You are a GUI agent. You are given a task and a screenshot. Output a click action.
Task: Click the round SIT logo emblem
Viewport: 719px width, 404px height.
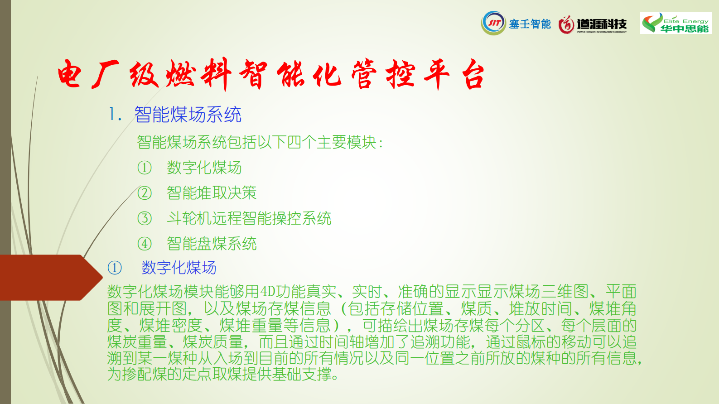(494, 23)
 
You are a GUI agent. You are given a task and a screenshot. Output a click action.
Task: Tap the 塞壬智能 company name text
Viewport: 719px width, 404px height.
(530, 24)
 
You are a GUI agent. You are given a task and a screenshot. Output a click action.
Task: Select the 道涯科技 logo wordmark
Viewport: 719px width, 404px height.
(602, 24)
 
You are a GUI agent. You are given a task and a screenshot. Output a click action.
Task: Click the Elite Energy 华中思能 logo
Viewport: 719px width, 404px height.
(676, 23)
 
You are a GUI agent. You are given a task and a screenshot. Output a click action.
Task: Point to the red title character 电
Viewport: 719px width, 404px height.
(69, 74)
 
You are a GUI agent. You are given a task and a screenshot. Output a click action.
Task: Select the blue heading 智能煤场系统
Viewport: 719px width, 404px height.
(188, 115)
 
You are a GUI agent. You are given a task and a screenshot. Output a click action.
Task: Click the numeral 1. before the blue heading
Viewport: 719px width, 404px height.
(115, 115)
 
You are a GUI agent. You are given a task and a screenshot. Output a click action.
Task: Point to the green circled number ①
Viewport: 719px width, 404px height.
(145, 168)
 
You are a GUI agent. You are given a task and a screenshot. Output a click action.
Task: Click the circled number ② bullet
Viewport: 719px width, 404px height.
(145, 193)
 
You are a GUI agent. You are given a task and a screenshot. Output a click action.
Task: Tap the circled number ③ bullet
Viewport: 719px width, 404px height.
(145, 218)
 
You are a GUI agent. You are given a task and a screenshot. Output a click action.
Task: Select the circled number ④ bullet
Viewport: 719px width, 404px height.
(145, 244)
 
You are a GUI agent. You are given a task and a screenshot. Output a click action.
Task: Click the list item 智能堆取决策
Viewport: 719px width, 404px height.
(212, 193)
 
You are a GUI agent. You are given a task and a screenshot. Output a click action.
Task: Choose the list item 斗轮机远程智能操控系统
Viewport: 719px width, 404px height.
(249, 218)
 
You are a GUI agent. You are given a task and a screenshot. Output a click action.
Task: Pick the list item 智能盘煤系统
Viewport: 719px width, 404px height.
(212, 244)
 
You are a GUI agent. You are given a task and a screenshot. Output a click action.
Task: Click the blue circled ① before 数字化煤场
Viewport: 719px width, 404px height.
(115, 268)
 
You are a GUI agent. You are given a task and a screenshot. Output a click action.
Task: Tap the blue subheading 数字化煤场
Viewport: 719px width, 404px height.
(179, 268)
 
